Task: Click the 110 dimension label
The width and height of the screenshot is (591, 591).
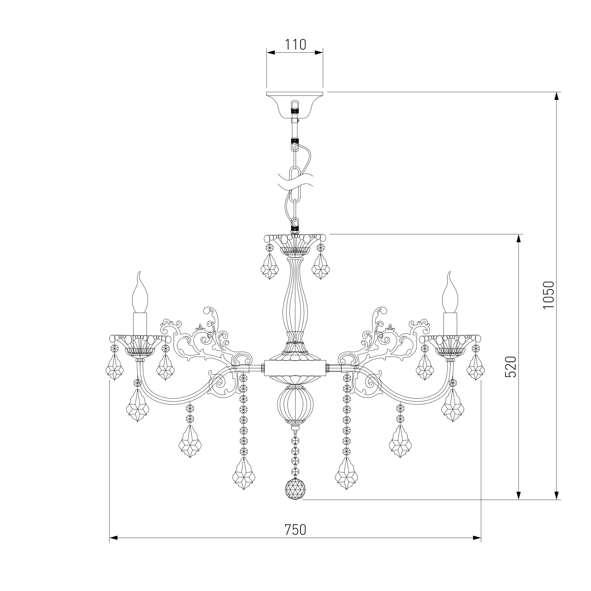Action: [295, 45]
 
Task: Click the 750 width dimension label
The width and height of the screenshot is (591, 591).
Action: [295, 530]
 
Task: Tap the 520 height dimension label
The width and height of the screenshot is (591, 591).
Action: [511, 367]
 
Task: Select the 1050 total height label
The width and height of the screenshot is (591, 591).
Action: [548, 295]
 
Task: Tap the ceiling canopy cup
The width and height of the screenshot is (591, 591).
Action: [295, 105]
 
